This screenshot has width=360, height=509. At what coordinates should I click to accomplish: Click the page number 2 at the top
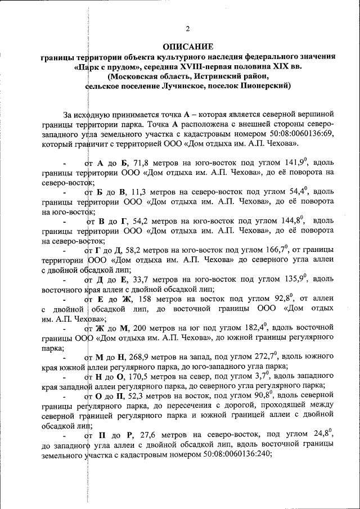(188, 29)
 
